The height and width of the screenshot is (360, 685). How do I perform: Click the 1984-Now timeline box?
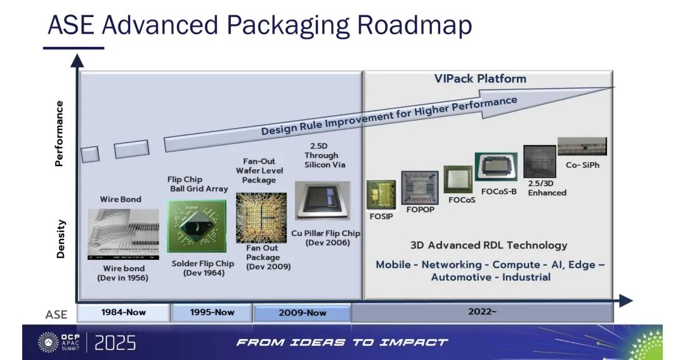[123, 313]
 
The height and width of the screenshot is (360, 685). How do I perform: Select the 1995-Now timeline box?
[212, 313]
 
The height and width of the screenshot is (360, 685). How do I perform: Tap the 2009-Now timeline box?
[303, 313]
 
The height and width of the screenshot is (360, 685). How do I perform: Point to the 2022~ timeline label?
[482, 312]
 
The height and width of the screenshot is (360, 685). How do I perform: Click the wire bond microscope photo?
[123, 235]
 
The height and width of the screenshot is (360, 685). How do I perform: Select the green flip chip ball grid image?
[197, 226]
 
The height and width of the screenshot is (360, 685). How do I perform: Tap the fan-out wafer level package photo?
[261, 218]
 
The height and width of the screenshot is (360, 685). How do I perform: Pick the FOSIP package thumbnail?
[381, 195]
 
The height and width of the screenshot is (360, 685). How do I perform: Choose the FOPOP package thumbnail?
[420, 188]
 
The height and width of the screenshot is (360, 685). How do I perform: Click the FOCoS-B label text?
[499, 191]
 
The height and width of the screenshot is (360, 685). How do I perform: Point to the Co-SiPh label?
[583, 165]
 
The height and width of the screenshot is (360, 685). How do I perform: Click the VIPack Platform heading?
[480, 79]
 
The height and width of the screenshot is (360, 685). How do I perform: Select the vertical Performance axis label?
[59, 134]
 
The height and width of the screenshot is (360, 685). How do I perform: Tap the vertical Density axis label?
[60, 239]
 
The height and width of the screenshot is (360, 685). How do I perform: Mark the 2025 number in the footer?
[115, 343]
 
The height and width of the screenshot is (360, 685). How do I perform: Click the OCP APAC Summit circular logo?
[48, 342]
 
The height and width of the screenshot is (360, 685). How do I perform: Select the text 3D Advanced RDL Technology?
[489, 245]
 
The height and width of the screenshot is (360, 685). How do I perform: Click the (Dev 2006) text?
[328, 243]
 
